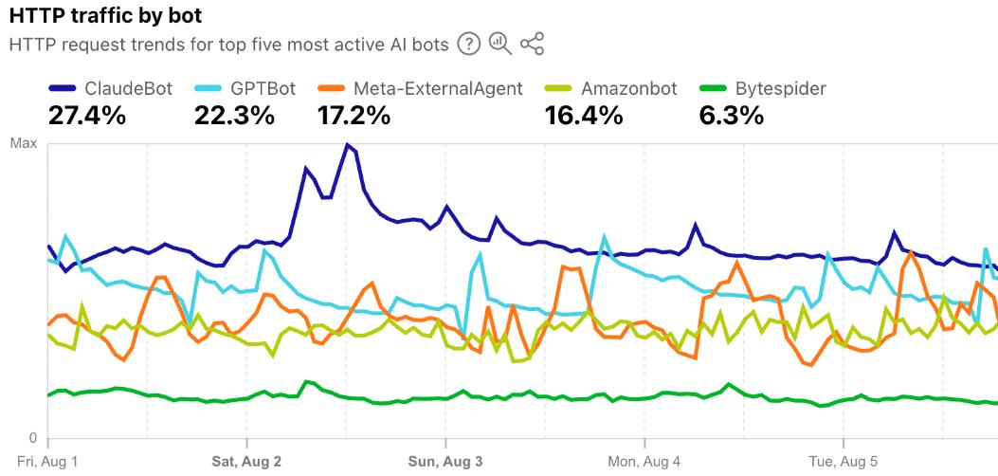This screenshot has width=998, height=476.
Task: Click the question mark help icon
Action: [468, 44]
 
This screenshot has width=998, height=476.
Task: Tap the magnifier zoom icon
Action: [499, 44]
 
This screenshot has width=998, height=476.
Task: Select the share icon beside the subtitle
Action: [533, 44]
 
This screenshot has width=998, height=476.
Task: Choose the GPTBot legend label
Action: [263, 89]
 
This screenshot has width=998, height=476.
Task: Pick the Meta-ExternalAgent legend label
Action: [437, 89]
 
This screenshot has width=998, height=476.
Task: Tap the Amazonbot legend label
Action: [629, 89]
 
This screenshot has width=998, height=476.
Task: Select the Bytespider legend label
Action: [780, 89]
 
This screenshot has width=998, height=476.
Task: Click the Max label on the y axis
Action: [24, 144]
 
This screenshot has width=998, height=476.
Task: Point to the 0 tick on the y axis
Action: [32, 438]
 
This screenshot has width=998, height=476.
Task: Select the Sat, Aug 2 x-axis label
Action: [246, 462]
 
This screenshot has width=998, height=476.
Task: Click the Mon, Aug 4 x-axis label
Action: [644, 462]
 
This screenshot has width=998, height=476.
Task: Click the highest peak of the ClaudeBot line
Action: [348, 145]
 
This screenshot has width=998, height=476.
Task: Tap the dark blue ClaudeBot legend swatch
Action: [63, 89]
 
